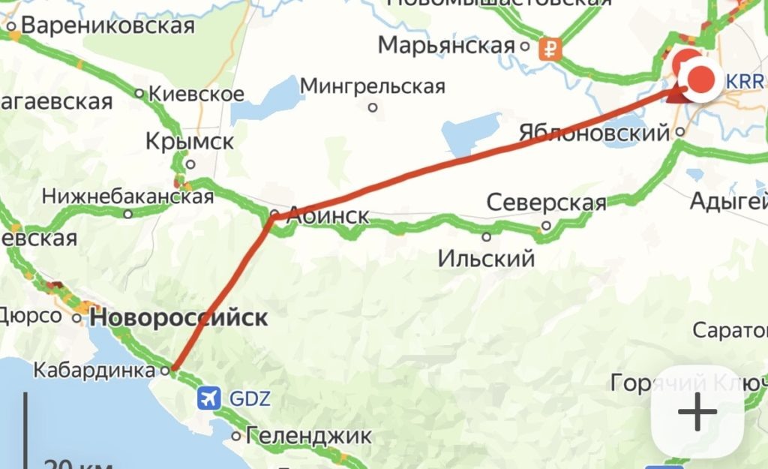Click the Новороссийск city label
(178, 317)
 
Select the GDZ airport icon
(209, 398)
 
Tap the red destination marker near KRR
(703, 79)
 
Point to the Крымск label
(190, 141)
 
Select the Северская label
(546, 203)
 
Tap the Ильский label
(486, 260)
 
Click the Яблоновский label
(594, 133)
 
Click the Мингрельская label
(373, 86)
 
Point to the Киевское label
(196, 94)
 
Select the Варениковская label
(108, 26)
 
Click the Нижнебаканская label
(127, 197)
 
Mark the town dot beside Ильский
(487, 237)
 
